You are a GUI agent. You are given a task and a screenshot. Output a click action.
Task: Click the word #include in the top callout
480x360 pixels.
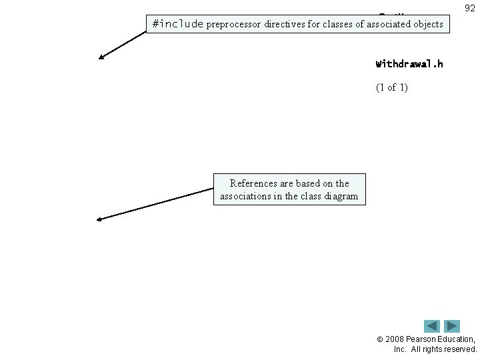[x=178, y=24]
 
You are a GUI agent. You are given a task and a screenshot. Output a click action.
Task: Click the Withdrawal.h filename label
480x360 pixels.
[x=409, y=65]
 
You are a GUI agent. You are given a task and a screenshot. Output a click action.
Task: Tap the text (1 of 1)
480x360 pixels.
[x=392, y=87]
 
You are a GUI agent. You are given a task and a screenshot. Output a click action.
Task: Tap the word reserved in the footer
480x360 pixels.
[x=459, y=349]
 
